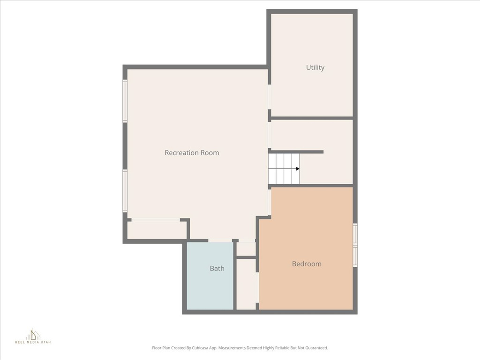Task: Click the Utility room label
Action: coord(315,67)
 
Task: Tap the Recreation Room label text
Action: coord(192,153)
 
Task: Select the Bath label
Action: coord(217,269)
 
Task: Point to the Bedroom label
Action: coord(307,264)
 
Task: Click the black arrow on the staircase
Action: coord(297,169)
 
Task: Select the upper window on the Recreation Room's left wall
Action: coord(125,101)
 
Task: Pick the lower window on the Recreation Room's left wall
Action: coord(125,190)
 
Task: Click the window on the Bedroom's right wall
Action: coord(355,245)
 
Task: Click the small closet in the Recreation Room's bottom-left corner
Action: coord(157,230)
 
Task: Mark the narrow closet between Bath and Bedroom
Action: coord(246,284)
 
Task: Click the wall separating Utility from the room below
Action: coord(312,118)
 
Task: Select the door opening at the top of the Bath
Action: coord(220,241)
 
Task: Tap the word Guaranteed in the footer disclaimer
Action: coord(316,348)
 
